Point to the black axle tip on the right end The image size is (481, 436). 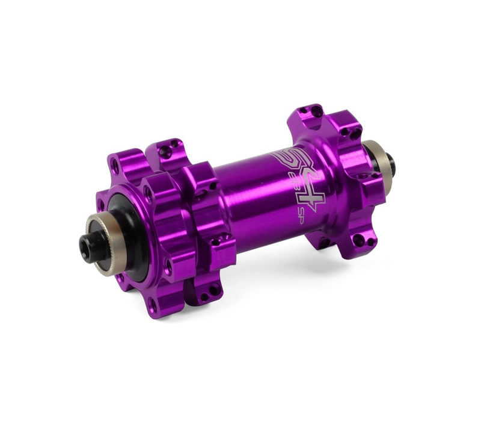(x=389, y=161)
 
